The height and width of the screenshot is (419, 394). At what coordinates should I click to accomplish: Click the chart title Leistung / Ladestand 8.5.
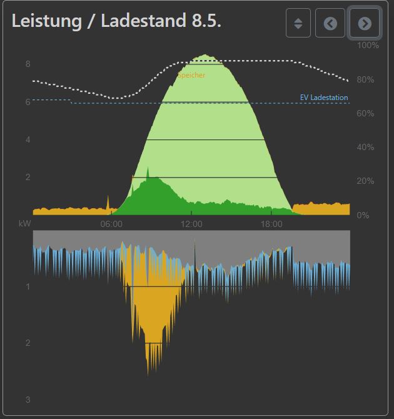click(117, 21)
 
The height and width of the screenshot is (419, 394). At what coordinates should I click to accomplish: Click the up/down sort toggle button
click(298, 23)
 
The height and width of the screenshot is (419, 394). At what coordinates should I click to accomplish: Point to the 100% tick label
click(368, 46)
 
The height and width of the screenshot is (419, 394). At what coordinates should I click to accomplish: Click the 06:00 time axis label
click(111, 224)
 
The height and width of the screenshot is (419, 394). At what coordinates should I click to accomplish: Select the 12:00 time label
click(191, 224)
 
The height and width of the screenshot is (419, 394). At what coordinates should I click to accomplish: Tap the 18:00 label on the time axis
click(271, 224)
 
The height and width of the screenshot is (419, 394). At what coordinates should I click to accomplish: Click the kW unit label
click(25, 224)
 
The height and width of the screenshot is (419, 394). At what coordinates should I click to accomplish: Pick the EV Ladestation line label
click(324, 98)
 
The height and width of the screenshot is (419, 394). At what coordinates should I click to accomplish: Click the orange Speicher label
click(191, 75)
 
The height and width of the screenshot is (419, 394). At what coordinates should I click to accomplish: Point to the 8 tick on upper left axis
click(28, 64)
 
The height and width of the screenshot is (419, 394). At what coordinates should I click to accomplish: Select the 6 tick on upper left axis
click(28, 102)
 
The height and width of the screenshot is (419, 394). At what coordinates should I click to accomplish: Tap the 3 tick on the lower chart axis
click(28, 400)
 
